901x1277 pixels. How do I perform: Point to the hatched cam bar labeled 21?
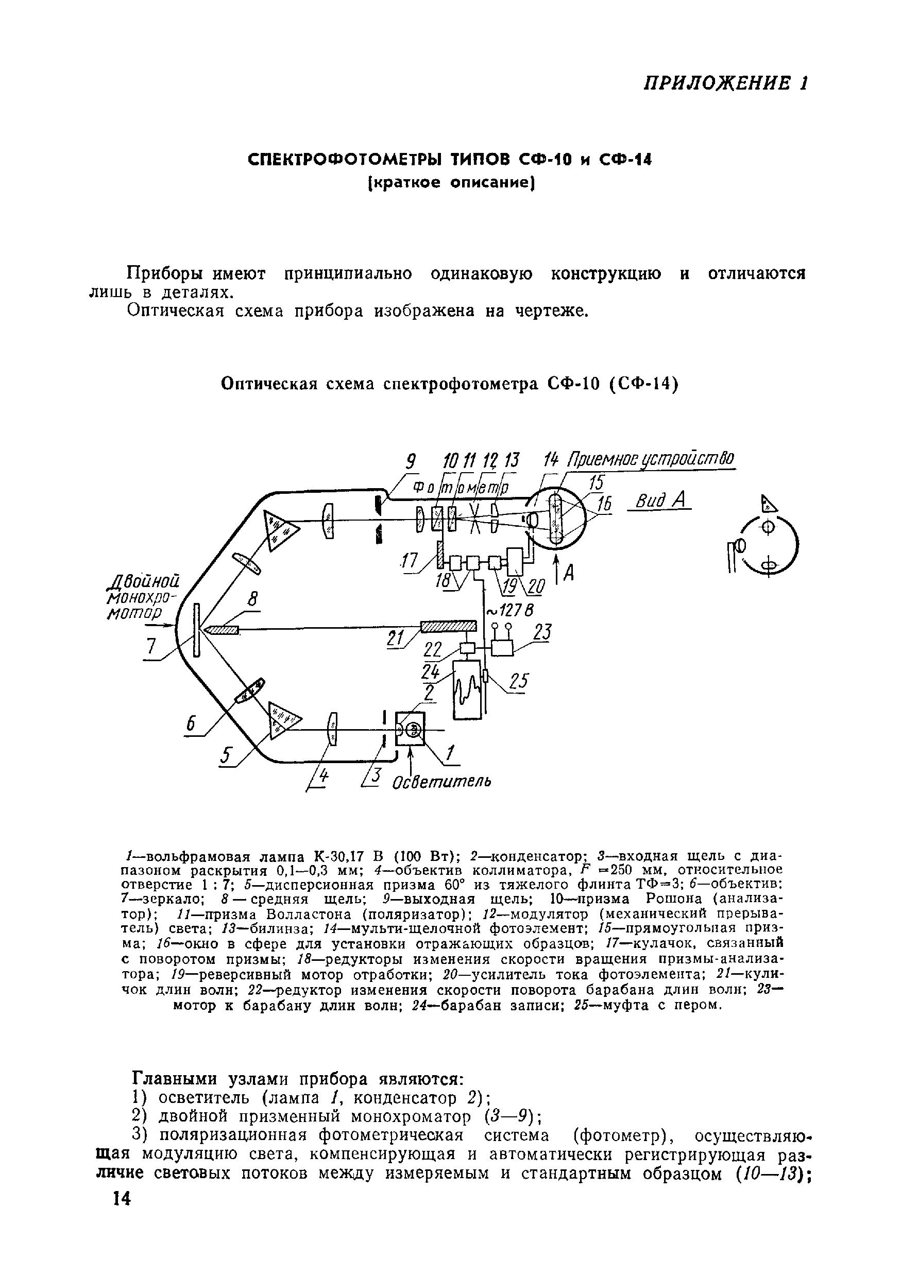449,627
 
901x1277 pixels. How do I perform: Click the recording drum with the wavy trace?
466,689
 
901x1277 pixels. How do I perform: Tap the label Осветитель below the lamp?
442,782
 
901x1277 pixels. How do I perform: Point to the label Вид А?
658,501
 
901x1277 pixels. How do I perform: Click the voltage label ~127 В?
510,611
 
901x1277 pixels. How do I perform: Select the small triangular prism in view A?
768,505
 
